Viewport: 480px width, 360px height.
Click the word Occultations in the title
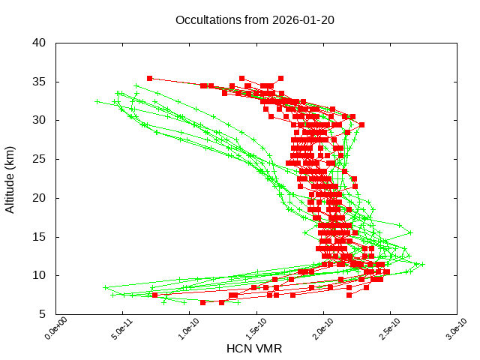(x=208, y=19)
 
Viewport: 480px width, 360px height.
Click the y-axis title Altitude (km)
(x=10, y=178)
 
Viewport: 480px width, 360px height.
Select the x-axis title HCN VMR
(x=254, y=349)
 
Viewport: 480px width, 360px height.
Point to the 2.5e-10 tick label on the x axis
(x=382, y=329)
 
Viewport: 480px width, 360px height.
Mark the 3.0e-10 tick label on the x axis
(x=449, y=329)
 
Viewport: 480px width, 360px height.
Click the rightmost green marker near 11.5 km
(x=423, y=264)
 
